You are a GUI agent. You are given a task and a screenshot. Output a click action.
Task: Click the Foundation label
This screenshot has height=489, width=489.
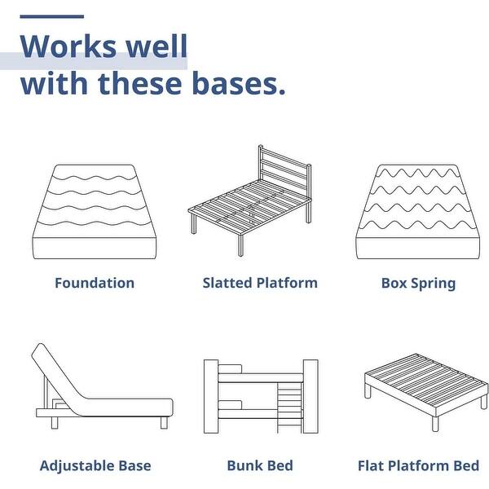point(95,284)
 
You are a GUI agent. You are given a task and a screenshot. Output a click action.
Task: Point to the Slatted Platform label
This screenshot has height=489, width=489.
point(260,284)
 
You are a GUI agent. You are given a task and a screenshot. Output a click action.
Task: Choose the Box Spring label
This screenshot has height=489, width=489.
point(418,284)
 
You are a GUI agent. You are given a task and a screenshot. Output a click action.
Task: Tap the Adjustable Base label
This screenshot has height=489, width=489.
point(95,466)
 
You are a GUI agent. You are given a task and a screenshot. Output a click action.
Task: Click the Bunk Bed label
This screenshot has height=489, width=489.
point(260,466)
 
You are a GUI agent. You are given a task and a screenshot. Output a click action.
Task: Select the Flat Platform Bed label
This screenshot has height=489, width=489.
point(418,466)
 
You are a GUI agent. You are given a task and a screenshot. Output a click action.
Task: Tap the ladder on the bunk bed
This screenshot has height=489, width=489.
point(291,407)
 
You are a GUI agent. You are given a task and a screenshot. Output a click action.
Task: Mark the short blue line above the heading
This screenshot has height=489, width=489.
point(51,15)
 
